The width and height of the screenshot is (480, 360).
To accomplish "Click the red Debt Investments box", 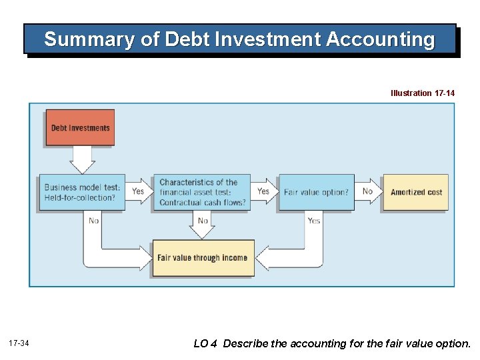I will click(x=80, y=127).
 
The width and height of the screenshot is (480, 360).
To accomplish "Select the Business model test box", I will click(x=82, y=192).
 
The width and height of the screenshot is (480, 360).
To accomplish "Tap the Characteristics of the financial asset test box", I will click(x=202, y=192).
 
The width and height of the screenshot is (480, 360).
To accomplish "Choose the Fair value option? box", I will click(x=316, y=192).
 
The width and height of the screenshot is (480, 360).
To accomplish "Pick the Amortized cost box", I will click(x=416, y=192).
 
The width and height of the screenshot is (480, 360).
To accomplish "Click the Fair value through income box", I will click(x=203, y=258).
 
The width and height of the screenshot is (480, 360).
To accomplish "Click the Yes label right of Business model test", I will click(x=137, y=191).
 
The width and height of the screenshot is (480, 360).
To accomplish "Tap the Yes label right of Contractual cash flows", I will click(x=263, y=191).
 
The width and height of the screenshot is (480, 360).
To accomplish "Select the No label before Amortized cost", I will click(x=367, y=191).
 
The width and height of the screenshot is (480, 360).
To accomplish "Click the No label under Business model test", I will click(x=93, y=221).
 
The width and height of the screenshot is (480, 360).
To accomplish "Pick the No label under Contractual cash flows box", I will click(x=203, y=221).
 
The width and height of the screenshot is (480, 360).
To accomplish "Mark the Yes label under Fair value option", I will click(x=313, y=221).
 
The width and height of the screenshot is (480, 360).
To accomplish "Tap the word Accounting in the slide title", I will click(x=380, y=40).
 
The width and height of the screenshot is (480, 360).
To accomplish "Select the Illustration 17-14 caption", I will click(x=423, y=93).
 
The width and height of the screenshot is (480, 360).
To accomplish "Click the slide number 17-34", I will click(x=19, y=343).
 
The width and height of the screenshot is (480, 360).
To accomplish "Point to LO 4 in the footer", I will click(x=205, y=344).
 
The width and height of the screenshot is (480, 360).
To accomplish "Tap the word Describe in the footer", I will click(x=246, y=344).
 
